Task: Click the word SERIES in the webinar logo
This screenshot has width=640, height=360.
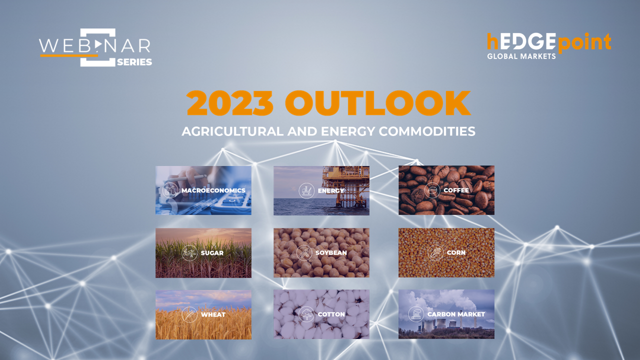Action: coord(134,62)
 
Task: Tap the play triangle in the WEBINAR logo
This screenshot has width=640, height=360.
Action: coord(98,44)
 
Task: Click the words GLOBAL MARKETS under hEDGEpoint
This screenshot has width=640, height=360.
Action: coord(521,56)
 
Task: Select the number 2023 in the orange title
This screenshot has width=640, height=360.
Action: coord(230,103)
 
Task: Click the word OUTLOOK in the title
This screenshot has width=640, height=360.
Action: coord(377,103)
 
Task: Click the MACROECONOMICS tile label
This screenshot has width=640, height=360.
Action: coord(213,190)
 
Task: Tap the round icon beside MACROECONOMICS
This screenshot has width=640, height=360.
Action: coord(170,190)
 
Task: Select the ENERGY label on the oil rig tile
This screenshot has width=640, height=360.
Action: coord(331,190)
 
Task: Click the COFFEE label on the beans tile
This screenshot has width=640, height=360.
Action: coord(456,190)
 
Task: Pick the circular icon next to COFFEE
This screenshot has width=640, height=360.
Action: coord(432,190)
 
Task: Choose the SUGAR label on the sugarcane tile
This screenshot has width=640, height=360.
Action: coord(212,253)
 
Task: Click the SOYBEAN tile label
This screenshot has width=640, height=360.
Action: coord(331,252)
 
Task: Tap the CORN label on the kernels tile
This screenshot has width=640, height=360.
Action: coord(456,252)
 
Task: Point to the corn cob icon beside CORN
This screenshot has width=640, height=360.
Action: coord(435,252)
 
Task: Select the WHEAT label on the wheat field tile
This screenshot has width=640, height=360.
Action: coord(213,314)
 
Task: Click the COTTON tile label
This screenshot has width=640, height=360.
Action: coord(331,314)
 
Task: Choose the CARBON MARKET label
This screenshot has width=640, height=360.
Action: coord(456,314)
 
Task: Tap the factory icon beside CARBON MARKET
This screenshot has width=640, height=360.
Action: coord(416,314)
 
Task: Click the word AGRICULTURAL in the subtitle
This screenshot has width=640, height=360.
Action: coord(232,131)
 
